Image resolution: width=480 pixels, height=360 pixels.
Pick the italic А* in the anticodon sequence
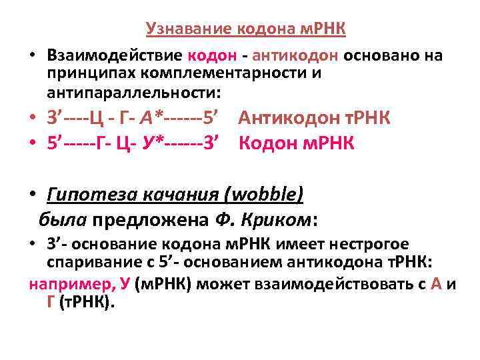coord(155,119)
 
